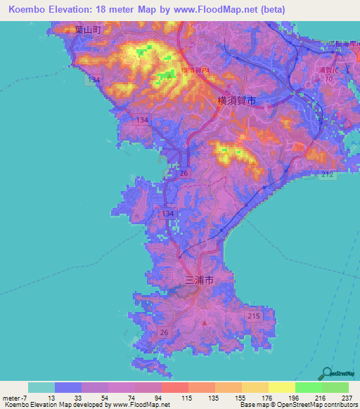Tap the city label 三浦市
point(198,280)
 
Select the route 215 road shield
point(254,318)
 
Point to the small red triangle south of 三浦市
point(205,323)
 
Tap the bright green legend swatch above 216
point(308,387)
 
